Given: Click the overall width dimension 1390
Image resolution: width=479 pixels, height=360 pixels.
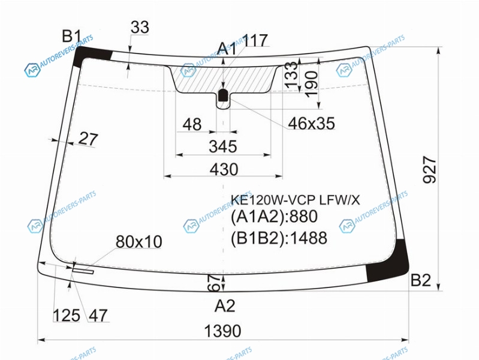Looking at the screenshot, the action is [x=222, y=331].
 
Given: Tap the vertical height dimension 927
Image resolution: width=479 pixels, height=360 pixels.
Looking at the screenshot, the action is [x=429, y=170].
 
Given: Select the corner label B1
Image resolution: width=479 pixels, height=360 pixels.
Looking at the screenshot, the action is [x=71, y=36].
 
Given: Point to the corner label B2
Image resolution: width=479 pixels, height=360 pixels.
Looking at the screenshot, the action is [x=420, y=280].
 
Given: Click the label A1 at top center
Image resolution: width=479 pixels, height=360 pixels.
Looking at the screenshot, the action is [x=227, y=49].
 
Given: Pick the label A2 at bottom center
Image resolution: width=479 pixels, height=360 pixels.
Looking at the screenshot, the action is [x=225, y=305].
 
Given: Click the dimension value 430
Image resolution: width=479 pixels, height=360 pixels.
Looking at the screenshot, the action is [x=224, y=169].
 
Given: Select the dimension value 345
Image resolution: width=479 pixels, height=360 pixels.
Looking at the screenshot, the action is [x=223, y=146].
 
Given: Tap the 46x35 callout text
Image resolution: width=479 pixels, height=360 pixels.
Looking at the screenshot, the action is [x=311, y=123].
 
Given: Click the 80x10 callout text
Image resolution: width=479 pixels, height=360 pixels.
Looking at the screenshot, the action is [x=138, y=242].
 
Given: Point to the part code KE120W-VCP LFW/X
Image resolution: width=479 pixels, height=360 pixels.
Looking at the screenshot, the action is [x=295, y=200].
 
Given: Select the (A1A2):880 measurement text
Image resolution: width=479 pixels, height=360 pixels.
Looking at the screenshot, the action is [x=274, y=217].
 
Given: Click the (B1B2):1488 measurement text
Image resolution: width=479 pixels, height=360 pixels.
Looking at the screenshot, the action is [x=279, y=238].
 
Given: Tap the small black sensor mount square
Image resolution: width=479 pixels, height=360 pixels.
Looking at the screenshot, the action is [x=223, y=95].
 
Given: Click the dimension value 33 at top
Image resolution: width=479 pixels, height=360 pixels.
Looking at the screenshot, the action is [x=140, y=27].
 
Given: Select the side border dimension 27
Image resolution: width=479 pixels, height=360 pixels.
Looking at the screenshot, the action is [x=88, y=139].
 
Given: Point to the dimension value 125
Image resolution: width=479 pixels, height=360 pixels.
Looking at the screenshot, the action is [x=67, y=316].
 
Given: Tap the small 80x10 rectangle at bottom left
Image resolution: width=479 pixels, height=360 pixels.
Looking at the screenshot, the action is [x=83, y=270].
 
